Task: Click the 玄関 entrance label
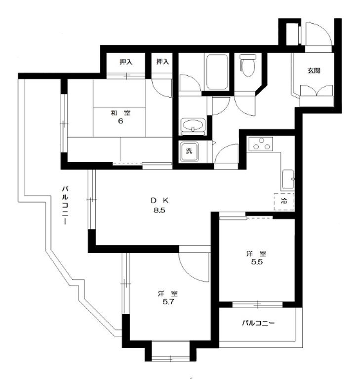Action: (314, 71)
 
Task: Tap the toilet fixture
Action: (248, 65)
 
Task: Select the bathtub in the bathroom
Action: (217, 71)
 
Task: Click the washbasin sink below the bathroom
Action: (193, 125)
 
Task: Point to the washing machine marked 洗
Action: (189, 151)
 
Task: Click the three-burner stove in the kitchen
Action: (261, 143)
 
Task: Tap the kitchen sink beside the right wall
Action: (288, 179)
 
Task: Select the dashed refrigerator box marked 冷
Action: (284, 201)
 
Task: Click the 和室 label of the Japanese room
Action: (120, 113)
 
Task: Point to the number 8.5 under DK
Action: (159, 210)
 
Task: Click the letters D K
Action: (160, 200)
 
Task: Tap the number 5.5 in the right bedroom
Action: (257, 262)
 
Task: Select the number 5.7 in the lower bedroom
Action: (168, 302)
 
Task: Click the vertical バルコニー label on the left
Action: (65, 205)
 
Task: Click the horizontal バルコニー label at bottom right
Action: (258, 323)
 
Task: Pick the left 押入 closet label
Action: (126, 62)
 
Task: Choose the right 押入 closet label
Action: (163, 62)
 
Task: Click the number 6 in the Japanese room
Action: (120, 122)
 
